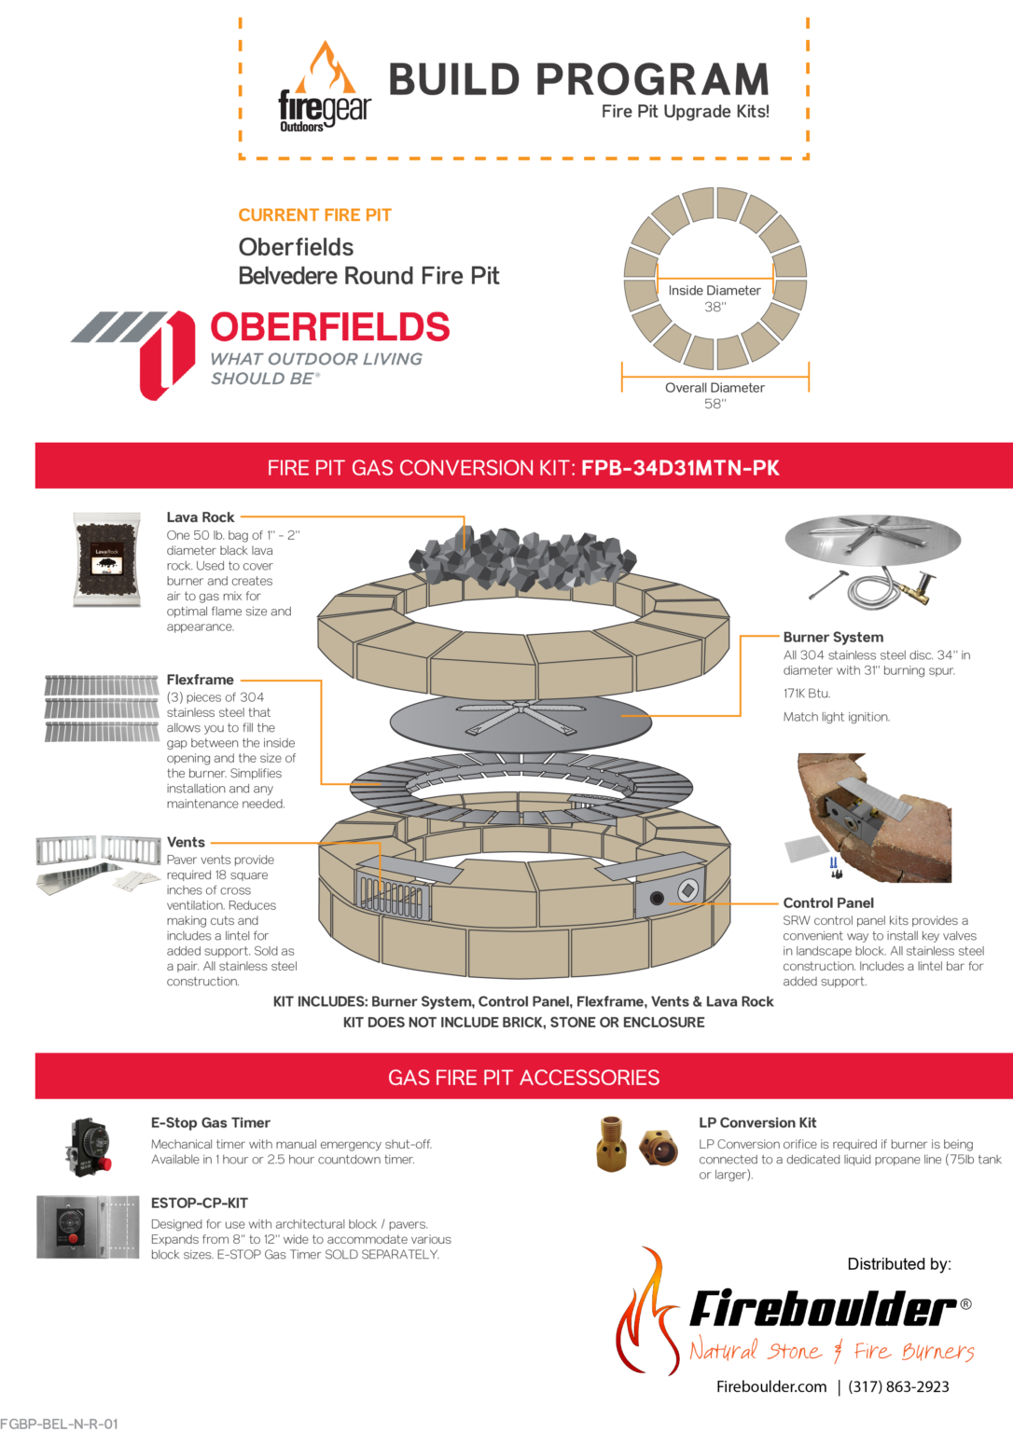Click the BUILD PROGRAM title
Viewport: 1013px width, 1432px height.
[578, 80]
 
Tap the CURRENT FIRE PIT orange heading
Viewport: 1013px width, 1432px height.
[314, 215]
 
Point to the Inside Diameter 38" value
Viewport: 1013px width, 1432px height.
[715, 307]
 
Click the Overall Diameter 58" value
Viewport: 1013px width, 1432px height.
[715, 404]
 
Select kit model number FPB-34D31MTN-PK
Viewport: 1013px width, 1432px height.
[680, 468]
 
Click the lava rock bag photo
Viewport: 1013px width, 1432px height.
[107, 559]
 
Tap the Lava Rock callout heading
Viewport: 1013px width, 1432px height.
[201, 517]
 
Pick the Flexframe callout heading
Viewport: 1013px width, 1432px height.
[200, 680]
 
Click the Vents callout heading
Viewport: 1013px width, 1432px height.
[186, 842]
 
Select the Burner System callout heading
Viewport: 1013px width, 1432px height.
[833, 637]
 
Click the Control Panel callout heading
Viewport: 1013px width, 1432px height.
[828, 902]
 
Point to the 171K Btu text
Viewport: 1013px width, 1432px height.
[807, 694]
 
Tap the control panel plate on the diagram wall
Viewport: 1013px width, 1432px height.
[673, 894]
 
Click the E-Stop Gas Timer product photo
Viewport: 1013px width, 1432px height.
[89, 1146]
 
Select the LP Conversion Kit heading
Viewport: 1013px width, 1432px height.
[757, 1122]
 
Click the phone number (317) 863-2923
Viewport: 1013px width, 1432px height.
[898, 1386]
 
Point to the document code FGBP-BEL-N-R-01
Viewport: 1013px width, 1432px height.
[60, 1424]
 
